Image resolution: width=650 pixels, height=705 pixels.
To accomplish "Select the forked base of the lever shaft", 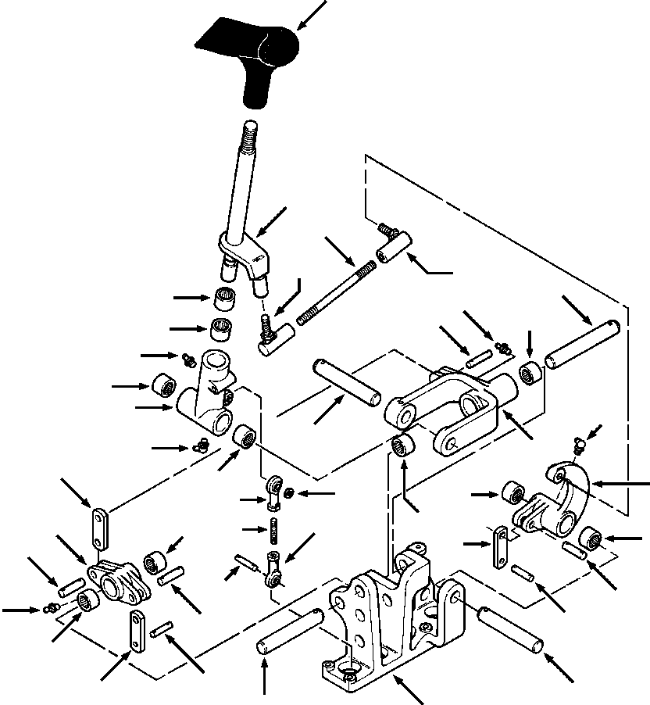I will tap(242, 258).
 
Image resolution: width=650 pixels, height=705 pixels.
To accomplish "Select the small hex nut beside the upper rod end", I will tap(289, 492).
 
